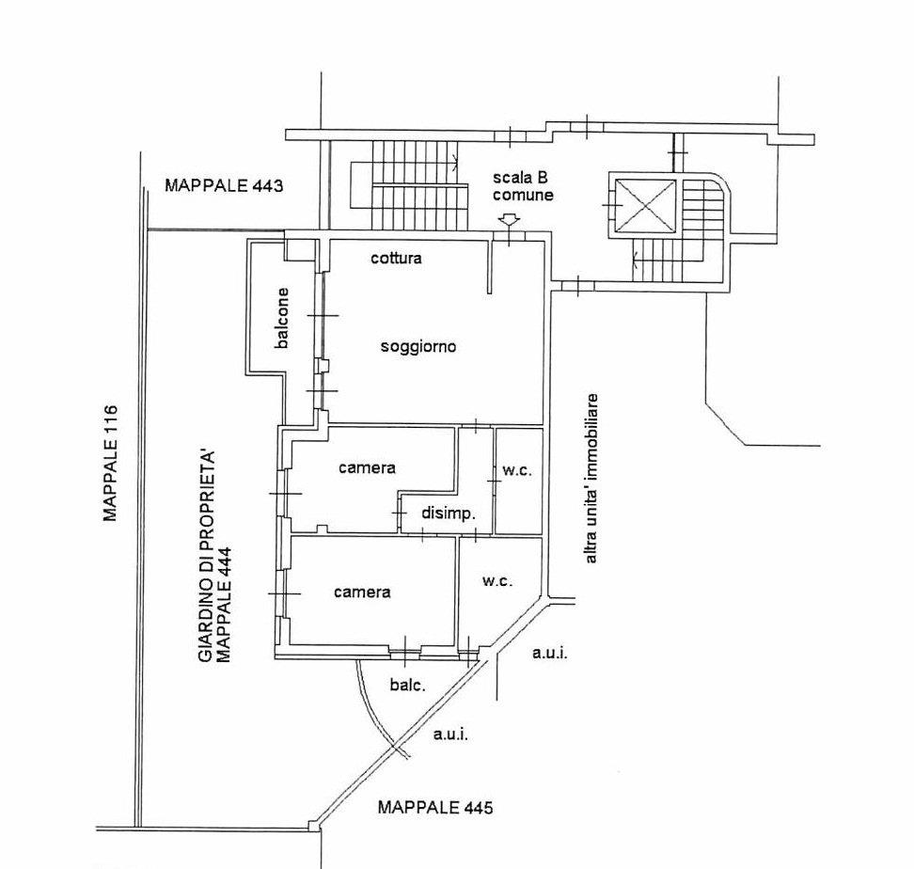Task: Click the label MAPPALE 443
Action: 224,185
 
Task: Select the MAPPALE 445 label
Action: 435,807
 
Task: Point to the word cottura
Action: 396,258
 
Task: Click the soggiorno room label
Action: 418,346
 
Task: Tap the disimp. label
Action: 449,513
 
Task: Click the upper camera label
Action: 368,467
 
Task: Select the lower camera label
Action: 362,592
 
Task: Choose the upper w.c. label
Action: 517,470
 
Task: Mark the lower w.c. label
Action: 497,581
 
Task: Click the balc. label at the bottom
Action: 407,685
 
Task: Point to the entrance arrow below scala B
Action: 509,221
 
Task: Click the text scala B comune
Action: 522,187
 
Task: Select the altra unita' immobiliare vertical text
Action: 591,478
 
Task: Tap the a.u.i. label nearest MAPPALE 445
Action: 450,735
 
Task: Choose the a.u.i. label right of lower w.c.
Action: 549,652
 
